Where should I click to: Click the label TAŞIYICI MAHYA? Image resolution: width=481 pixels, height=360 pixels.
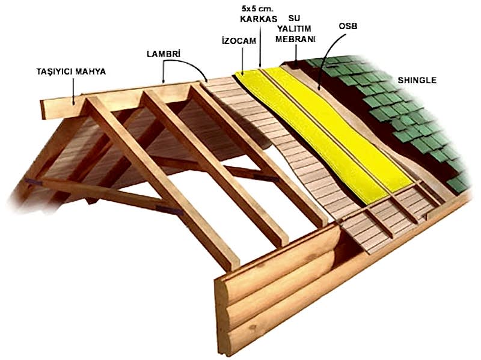point(71,72)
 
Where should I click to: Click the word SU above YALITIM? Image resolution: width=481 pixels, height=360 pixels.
point(294,18)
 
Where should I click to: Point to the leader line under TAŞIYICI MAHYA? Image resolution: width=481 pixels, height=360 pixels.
point(74,90)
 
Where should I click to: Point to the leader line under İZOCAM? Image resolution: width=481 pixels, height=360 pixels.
point(242,60)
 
